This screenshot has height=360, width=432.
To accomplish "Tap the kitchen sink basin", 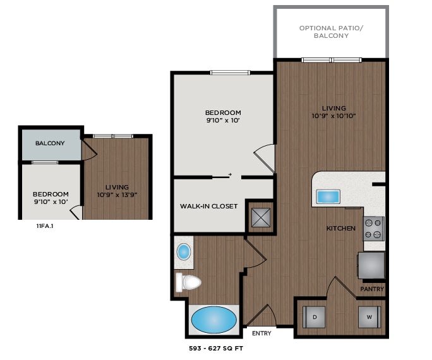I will click(x=327, y=196).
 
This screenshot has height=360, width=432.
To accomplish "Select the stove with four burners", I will click(x=373, y=229).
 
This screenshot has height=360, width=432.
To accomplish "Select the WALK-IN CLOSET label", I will click(x=208, y=206).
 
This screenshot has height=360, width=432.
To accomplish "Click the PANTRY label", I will click(x=372, y=289).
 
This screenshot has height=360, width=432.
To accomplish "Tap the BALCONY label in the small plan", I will click(x=50, y=143).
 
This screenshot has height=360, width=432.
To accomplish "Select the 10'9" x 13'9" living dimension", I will click(x=117, y=195).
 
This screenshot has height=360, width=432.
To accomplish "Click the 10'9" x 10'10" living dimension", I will click(x=333, y=116).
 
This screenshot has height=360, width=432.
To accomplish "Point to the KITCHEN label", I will click(x=340, y=228).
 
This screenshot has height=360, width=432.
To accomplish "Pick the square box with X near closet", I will click(x=260, y=217).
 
